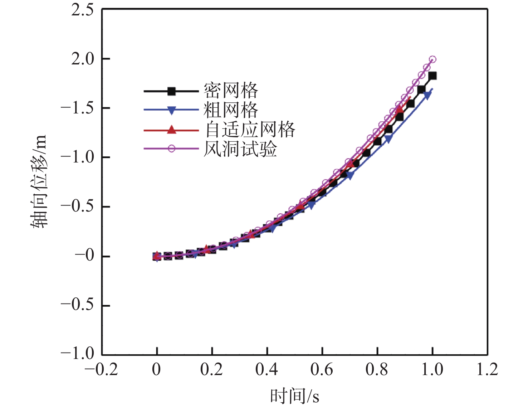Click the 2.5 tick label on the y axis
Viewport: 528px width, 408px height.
[x=82, y=10]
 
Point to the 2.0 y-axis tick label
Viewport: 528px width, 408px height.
[x=82, y=59]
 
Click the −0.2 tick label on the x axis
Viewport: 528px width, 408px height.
[x=101, y=369]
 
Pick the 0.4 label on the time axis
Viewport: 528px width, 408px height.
[x=267, y=369]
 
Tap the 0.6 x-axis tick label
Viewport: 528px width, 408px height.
[x=322, y=369]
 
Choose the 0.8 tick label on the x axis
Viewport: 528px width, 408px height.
[x=377, y=369]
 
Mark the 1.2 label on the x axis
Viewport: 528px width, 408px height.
[x=487, y=369]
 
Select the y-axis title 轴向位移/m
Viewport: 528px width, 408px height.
[x=38, y=182]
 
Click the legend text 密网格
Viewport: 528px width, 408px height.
[x=231, y=91]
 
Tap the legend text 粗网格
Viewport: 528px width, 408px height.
[x=231, y=110]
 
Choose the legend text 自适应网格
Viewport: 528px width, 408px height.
[x=250, y=130]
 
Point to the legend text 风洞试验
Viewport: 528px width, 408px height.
[x=240, y=149]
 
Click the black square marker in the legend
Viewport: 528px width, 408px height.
[x=172, y=91]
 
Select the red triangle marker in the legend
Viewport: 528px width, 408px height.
[x=172, y=130]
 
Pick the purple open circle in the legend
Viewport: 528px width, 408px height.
[x=172, y=149]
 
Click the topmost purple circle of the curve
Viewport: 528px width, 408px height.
[x=432, y=59]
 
